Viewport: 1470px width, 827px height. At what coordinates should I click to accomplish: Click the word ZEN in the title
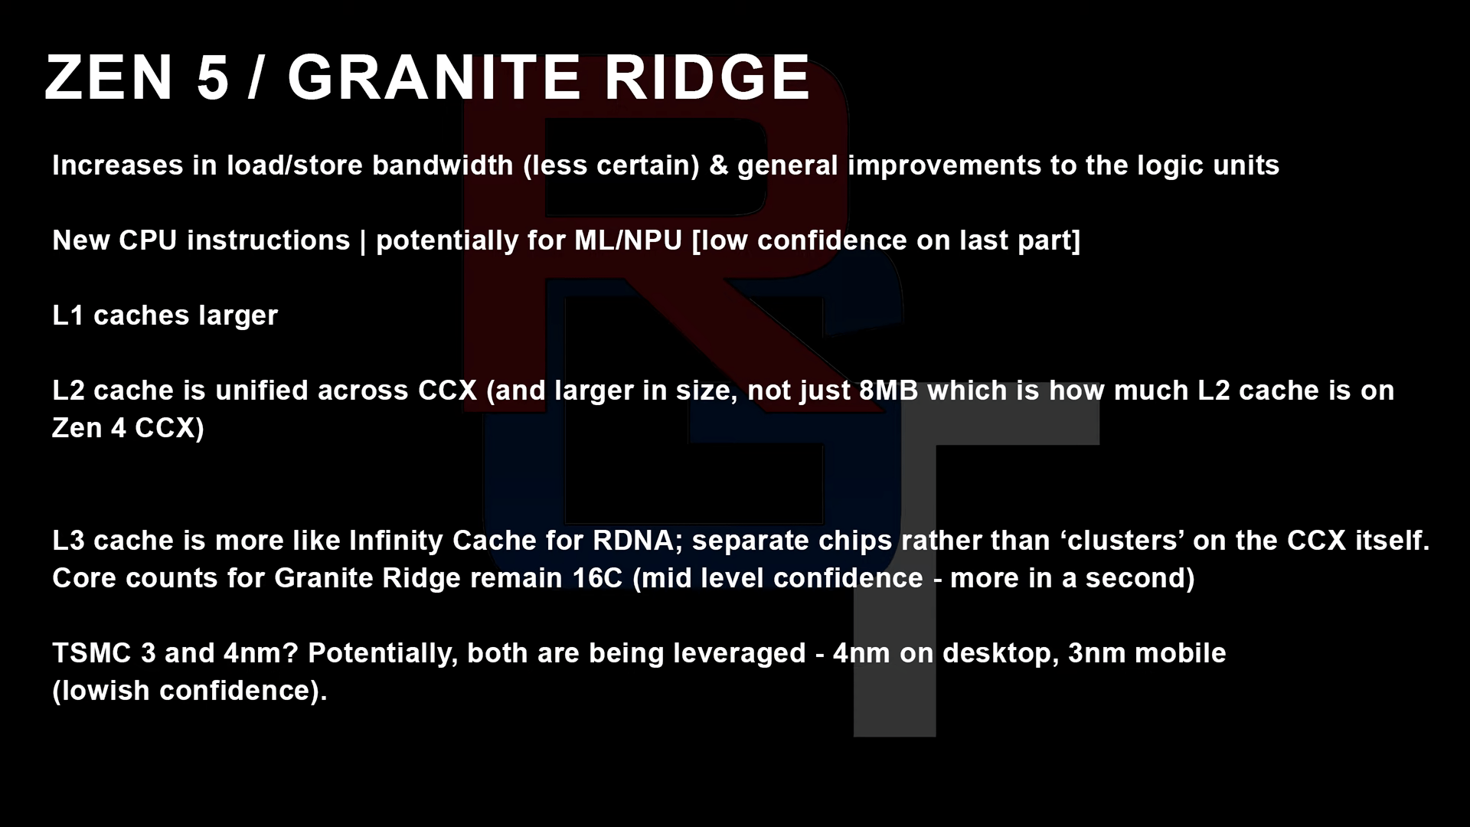(109, 77)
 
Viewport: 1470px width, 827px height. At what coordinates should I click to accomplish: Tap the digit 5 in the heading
(213, 77)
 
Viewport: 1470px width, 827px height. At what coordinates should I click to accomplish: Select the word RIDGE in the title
(707, 77)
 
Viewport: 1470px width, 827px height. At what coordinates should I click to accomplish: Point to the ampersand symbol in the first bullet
(719, 165)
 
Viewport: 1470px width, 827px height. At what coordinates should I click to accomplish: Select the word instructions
(269, 240)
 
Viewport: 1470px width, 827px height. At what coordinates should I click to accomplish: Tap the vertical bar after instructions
(363, 241)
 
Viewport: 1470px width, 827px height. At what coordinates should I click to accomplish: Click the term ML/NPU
(628, 240)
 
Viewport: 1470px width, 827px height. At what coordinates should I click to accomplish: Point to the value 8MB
(888, 391)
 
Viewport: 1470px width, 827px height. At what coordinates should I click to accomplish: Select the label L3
(68, 541)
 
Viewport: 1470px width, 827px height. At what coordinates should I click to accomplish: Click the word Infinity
(396, 541)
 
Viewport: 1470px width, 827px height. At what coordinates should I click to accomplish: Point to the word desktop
(1001, 653)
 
